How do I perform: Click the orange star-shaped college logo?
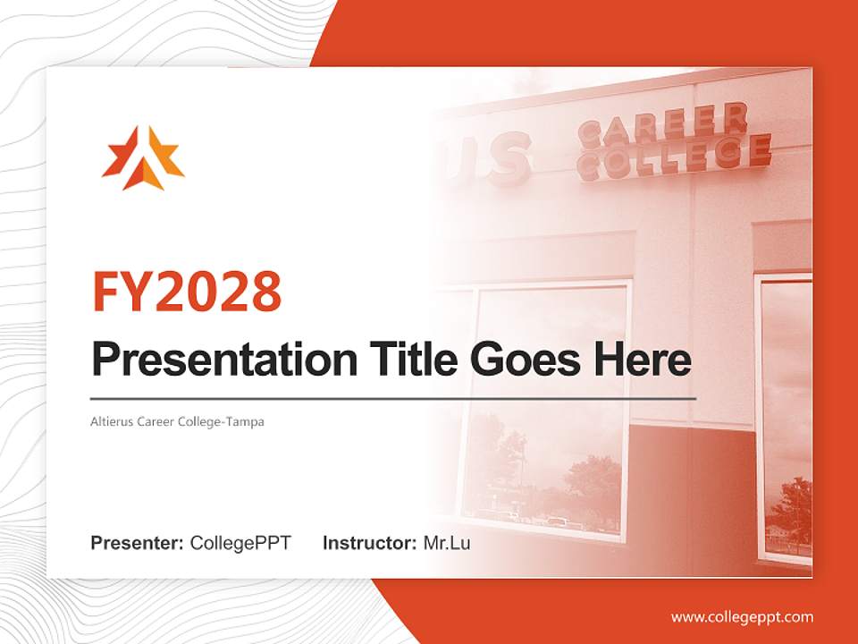(143, 158)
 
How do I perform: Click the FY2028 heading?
(187, 291)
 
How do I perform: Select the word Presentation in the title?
(212, 360)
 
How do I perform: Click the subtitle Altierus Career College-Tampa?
(178, 421)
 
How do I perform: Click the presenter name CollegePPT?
(240, 543)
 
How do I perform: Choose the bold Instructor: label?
(369, 543)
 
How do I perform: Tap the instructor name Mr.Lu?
(446, 543)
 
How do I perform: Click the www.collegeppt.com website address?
(742, 616)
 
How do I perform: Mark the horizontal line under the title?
(393, 398)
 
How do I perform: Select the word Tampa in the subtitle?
(248, 421)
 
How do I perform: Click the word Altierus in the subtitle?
(112, 421)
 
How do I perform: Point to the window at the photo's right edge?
(785, 420)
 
